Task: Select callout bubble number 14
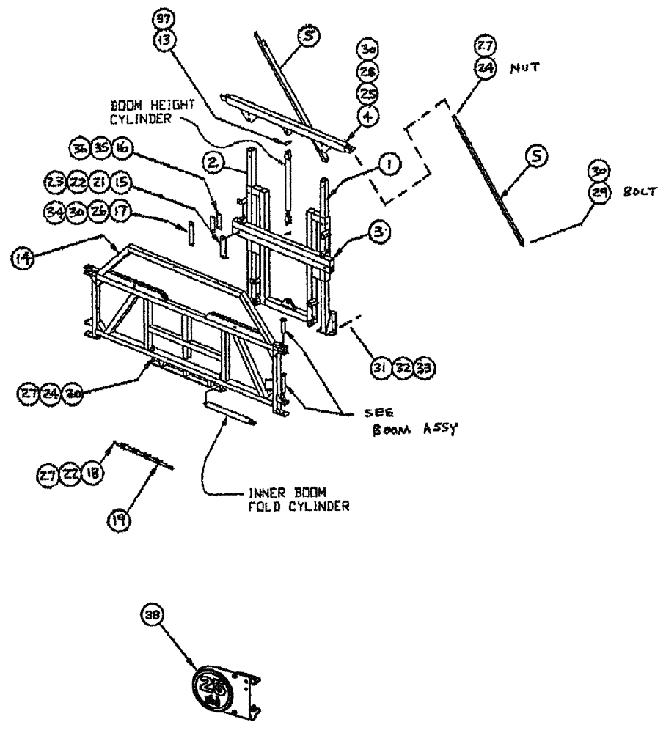pyautogui.click(x=22, y=257)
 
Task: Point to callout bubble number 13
pyautogui.click(x=161, y=42)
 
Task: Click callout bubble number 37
pyautogui.click(x=161, y=18)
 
